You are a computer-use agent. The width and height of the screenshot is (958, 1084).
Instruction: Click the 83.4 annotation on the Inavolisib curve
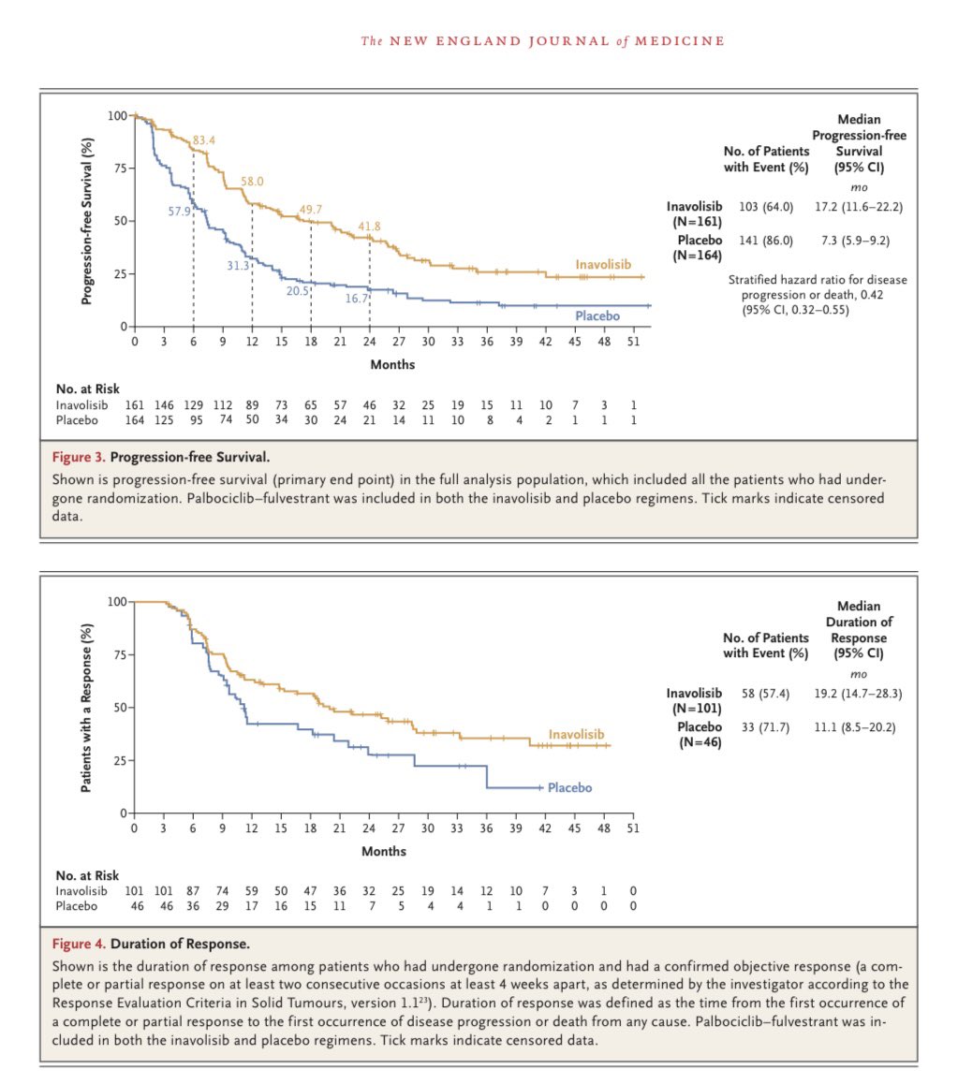[203, 140]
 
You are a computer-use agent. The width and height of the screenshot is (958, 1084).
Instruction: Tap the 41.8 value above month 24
[370, 227]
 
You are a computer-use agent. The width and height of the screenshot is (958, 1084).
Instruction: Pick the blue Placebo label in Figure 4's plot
[569, 787]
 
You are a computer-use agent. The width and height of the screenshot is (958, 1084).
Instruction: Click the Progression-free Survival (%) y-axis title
[86, 221]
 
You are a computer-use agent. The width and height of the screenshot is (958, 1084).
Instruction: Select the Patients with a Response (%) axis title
[86, 707]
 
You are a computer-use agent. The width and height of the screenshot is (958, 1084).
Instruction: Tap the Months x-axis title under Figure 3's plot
[391, 364]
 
